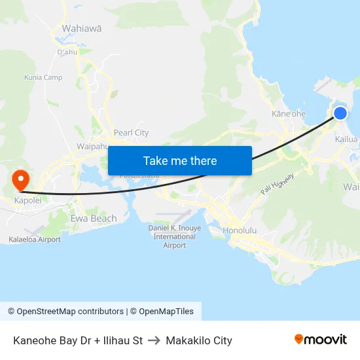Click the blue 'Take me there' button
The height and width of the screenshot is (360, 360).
point(180,160)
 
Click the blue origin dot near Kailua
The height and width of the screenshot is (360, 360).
point(340,113)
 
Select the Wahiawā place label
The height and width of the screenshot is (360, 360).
point(81,29)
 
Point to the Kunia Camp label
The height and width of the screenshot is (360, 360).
point(43,77)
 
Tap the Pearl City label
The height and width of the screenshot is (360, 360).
point(131,132)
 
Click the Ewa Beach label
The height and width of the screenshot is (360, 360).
point(93,219)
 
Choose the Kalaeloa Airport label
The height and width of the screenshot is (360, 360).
point(35,240)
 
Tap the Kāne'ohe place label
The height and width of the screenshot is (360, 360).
point(289,114)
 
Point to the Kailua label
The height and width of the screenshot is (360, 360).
point(346,139)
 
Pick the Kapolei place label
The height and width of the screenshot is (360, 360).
point(22,200)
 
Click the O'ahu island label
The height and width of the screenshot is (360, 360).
point(67,52)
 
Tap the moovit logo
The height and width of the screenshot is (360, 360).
point(321,340)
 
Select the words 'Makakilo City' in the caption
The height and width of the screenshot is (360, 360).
point(199,340)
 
